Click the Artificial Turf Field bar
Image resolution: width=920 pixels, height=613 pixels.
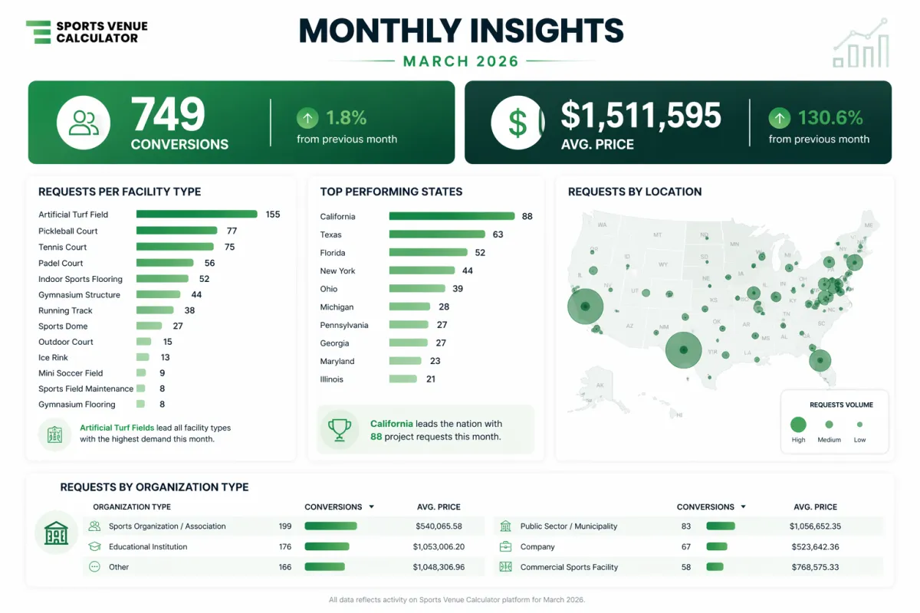(196, 215)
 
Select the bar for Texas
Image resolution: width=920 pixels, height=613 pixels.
(437, 234)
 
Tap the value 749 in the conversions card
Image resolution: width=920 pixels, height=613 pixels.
(169, 115)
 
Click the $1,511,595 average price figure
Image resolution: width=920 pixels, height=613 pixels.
(641, 115)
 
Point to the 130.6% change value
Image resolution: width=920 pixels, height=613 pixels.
(830, 118)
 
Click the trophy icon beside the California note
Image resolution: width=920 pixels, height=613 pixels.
(339, 429)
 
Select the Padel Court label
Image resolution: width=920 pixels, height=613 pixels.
(61, 263)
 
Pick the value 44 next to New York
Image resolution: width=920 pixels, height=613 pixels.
(468, 270)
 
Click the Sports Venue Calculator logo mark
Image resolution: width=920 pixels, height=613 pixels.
(38, 31)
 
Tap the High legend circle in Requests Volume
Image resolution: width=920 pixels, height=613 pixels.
(798, 424)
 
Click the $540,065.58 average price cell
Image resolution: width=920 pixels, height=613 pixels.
(435, 526)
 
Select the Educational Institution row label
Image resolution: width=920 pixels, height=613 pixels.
(148, 547)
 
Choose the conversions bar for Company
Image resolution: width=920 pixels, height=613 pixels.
(717, 547)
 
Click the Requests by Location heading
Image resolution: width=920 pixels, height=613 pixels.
(635, 192)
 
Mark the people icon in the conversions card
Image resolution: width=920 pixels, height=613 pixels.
(84, 123)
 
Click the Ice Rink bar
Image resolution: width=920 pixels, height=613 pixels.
(143, 357)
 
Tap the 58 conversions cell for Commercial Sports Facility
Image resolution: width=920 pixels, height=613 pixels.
(685, 567)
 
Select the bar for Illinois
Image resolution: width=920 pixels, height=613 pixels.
(402, 379)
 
